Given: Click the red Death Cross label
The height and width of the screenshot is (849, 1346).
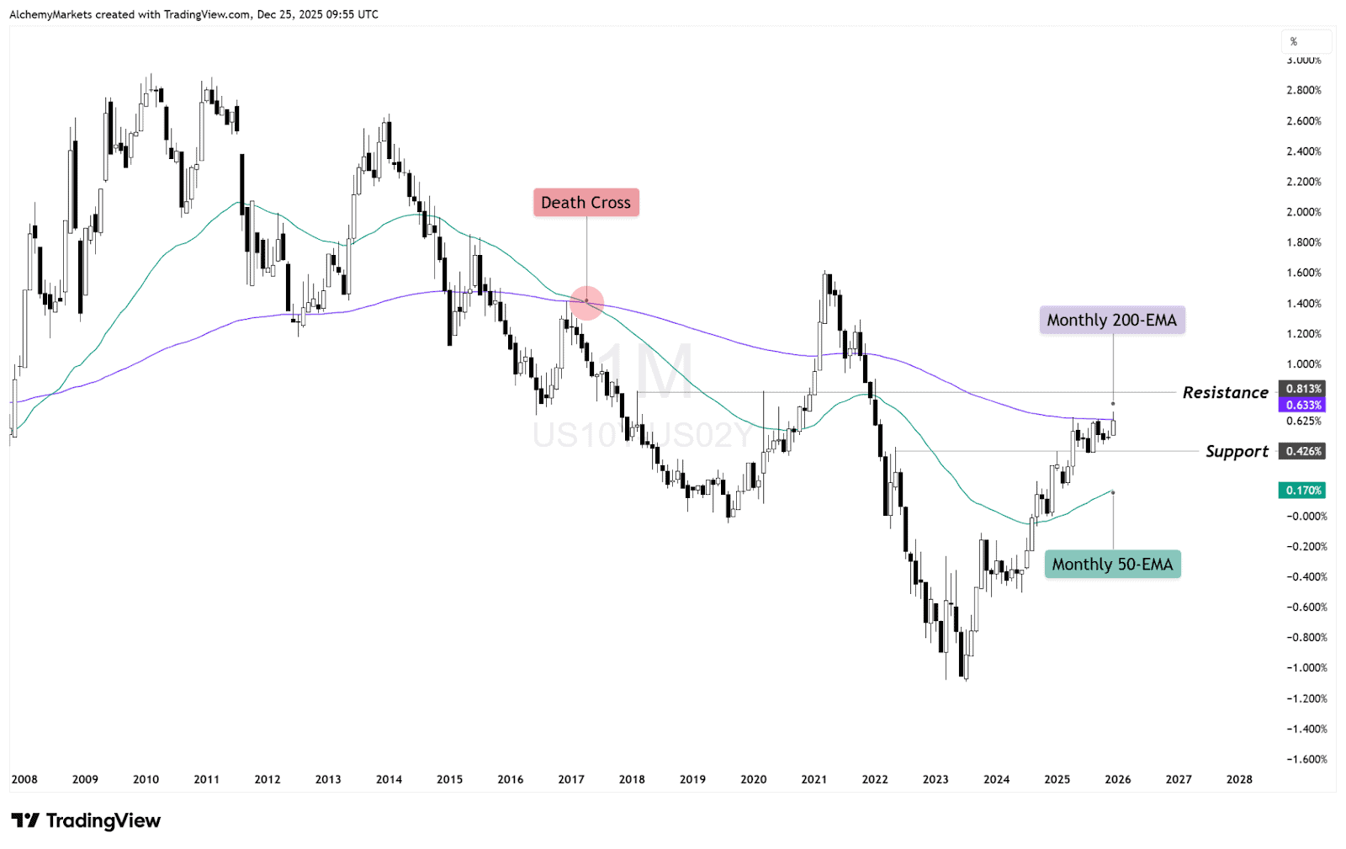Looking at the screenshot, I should click(586, 203).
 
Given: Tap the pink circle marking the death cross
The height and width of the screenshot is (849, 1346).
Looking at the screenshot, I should click(586, 303).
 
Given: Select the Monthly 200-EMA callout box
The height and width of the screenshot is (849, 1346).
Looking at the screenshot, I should click(1111, 320).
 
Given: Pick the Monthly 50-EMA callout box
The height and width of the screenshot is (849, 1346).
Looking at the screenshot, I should click(1112, 565).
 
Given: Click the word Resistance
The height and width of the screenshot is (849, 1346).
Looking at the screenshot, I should click(1225, 393).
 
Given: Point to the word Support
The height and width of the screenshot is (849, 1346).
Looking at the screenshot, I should click(1236, 452).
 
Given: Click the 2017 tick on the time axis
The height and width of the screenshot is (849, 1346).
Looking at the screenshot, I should click(571, 779).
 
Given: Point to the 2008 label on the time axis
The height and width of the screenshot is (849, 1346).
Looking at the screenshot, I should click(24, 779).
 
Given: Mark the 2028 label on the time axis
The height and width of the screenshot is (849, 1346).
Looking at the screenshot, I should click(1239, 779).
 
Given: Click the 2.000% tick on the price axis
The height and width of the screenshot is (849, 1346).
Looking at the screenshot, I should click(1303, 212).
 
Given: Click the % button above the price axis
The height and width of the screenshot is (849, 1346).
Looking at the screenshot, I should click(1294, 41).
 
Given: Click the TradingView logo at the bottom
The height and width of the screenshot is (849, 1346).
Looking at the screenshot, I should click(86, 820).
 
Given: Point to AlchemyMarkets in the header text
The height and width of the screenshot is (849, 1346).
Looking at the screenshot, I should click(50, 14).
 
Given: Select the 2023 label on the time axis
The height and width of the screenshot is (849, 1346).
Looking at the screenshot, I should click(935, 779).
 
